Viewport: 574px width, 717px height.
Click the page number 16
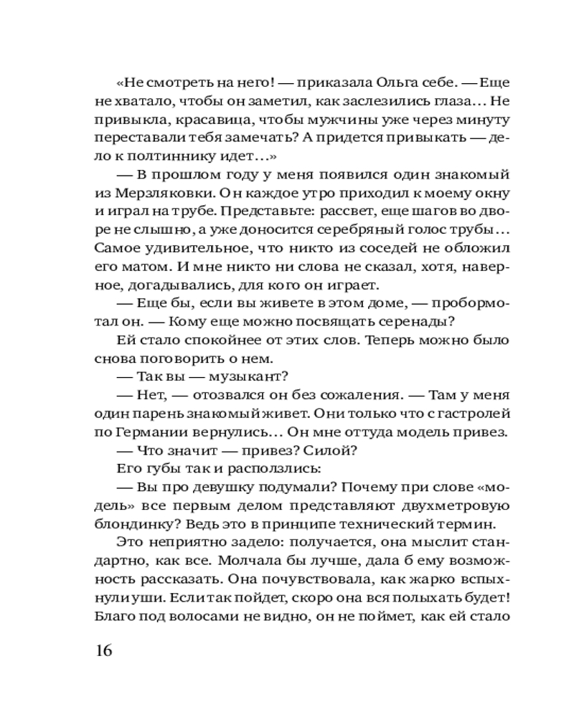pos(103,652)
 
